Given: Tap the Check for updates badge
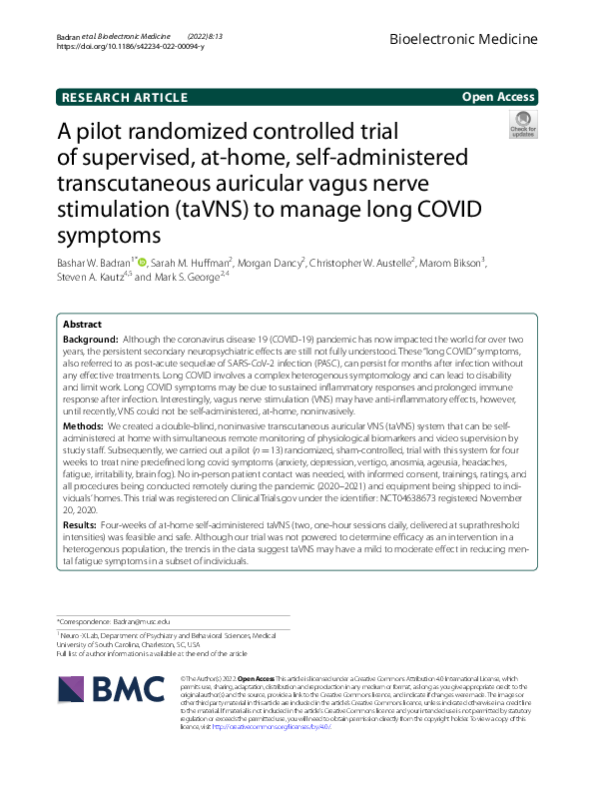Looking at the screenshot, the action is click(522, 126).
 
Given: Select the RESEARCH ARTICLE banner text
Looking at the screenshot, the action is click(125, 97).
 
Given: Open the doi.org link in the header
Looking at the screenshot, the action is click(131, 46).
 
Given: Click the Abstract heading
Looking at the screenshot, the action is click(82, 326).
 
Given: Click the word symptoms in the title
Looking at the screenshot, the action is click(109, 237).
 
